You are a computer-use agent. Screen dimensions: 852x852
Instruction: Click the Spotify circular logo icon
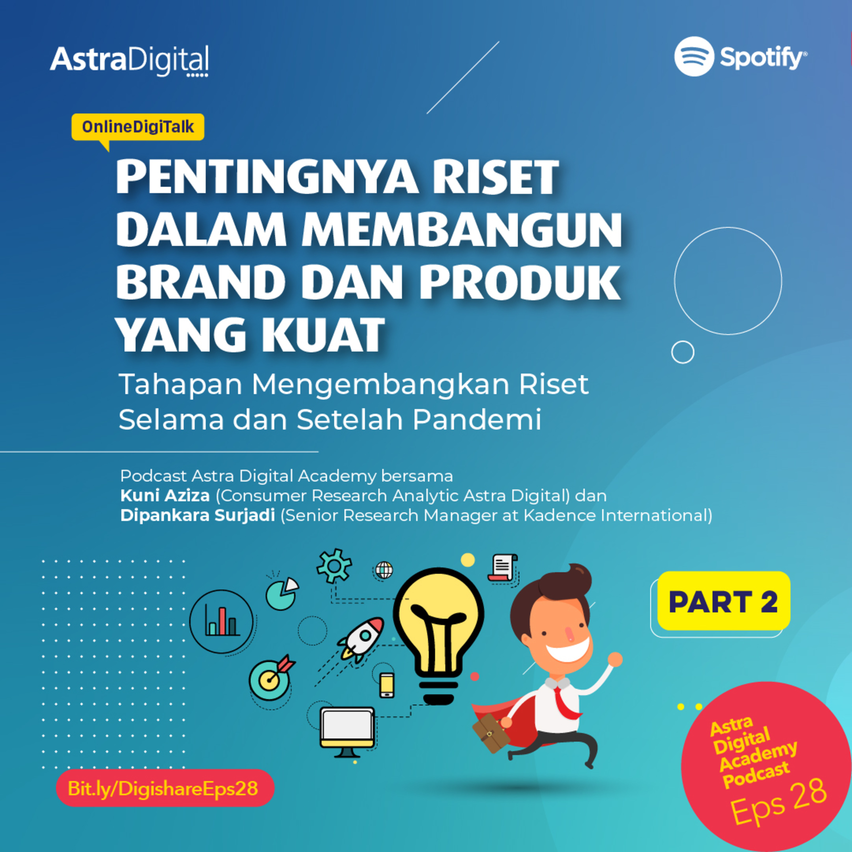click(x=694, y=57)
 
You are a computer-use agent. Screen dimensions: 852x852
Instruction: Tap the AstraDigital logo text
click(x=129, y=60)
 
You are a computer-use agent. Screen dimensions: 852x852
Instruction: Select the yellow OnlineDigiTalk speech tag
click(x=137, y=128)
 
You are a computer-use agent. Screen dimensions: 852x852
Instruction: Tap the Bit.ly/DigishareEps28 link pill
click(x=165, y=788)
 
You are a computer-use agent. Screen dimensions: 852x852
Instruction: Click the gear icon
click(x=334, y=566)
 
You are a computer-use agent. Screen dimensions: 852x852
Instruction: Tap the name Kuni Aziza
click(x=165, y=496)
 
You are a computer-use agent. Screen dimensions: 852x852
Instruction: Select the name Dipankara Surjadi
click(x=198, y=515)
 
